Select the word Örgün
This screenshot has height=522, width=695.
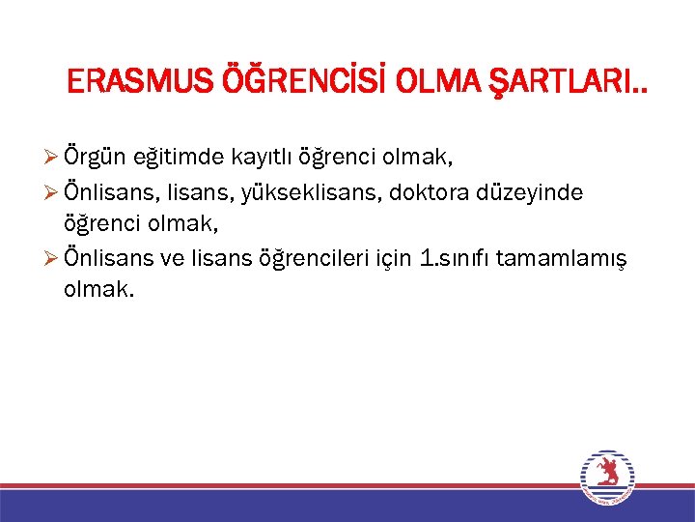92,156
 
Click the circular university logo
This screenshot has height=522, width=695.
607,477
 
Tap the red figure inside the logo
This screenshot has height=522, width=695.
607,474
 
